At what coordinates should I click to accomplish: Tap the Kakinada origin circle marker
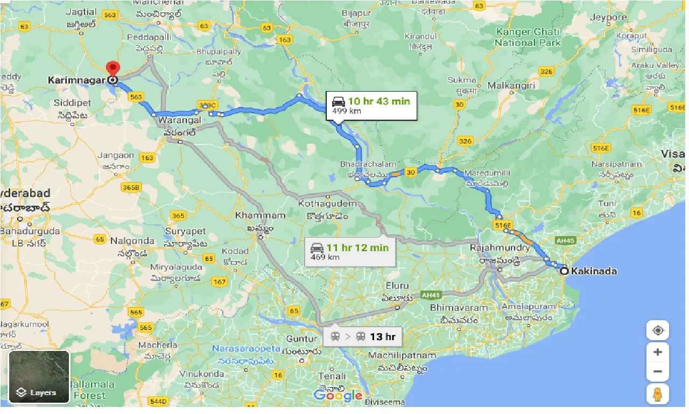[564, 271]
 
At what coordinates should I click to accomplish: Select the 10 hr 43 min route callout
[371, 106]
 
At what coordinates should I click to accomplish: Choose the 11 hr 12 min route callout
[349, 252]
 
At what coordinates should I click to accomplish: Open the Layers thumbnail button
[39, 377]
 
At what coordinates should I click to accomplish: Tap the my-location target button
[658, 330]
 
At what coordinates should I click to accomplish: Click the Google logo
[338, 396]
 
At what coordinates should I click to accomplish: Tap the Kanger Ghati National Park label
[528, 37]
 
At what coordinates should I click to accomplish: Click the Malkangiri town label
[511, 85]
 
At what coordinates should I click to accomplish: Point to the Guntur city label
[302, 339]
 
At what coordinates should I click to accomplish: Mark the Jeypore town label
[608, 17]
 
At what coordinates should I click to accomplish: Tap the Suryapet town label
[186, 231]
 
